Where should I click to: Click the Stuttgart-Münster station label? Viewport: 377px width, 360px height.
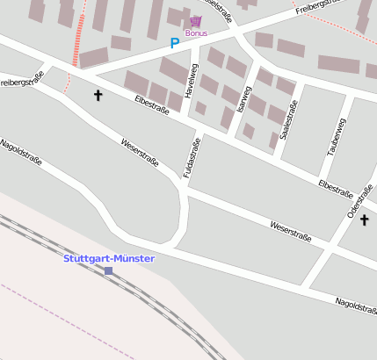(x=109, y=258)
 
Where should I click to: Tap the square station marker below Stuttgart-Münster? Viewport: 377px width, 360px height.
(x=109, y=270)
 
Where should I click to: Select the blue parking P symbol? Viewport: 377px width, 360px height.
(x=174, y=42)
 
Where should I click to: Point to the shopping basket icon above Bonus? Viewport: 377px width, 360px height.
(x=195, y=20)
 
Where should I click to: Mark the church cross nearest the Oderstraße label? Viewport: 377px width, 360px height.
(x=364, y=220)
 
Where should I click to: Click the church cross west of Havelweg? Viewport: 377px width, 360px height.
(x=97, y=94)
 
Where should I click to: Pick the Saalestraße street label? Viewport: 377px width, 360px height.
(x=287, y=119)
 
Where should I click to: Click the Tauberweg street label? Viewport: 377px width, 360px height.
(x=337, y=137)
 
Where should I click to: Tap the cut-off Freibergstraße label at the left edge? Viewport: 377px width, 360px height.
(x=22, y=82)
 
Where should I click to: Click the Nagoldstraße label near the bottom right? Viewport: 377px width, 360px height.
(x=356, y=306)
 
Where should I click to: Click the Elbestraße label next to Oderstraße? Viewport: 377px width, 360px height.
(x=335, y=187)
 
